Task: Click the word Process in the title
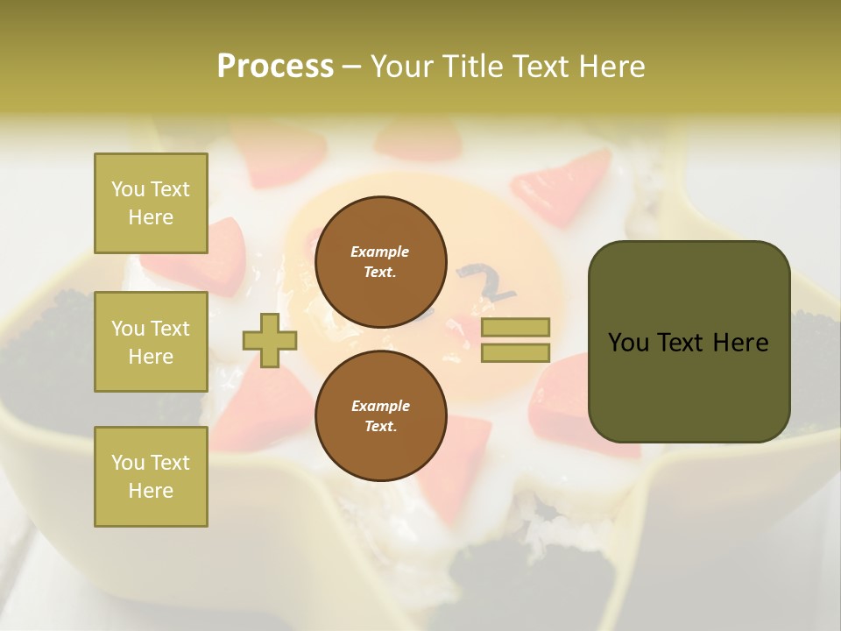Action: [x=275, y=67]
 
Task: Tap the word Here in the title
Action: [x=612, y=67]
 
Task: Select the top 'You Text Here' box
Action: [x=151, y=203]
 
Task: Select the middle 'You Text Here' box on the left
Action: [x=151, y=342]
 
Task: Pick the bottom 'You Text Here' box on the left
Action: [x=151, y=476]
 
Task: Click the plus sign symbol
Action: [x=270, y=340]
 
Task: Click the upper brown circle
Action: [x=381, y=261]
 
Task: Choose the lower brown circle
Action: [x=381, y=415]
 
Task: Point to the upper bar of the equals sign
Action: [x=516, y=327]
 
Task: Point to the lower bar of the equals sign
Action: [x=516, y=352]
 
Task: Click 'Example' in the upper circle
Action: [x=380, y=252]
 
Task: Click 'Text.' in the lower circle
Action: [x=380, y=426]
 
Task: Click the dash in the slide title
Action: [x=351, y=67]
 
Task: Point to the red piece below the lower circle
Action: [x=456, y=491]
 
